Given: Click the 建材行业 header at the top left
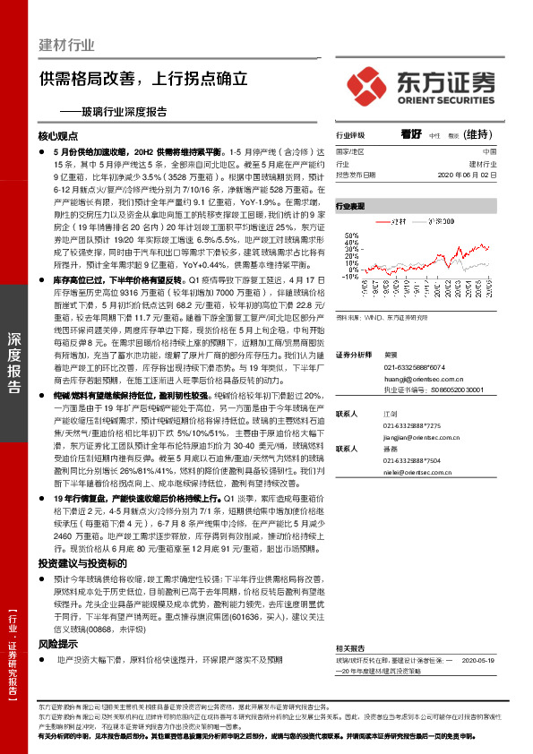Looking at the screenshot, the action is [67, 46].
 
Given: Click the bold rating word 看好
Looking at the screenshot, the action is [411, 134].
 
